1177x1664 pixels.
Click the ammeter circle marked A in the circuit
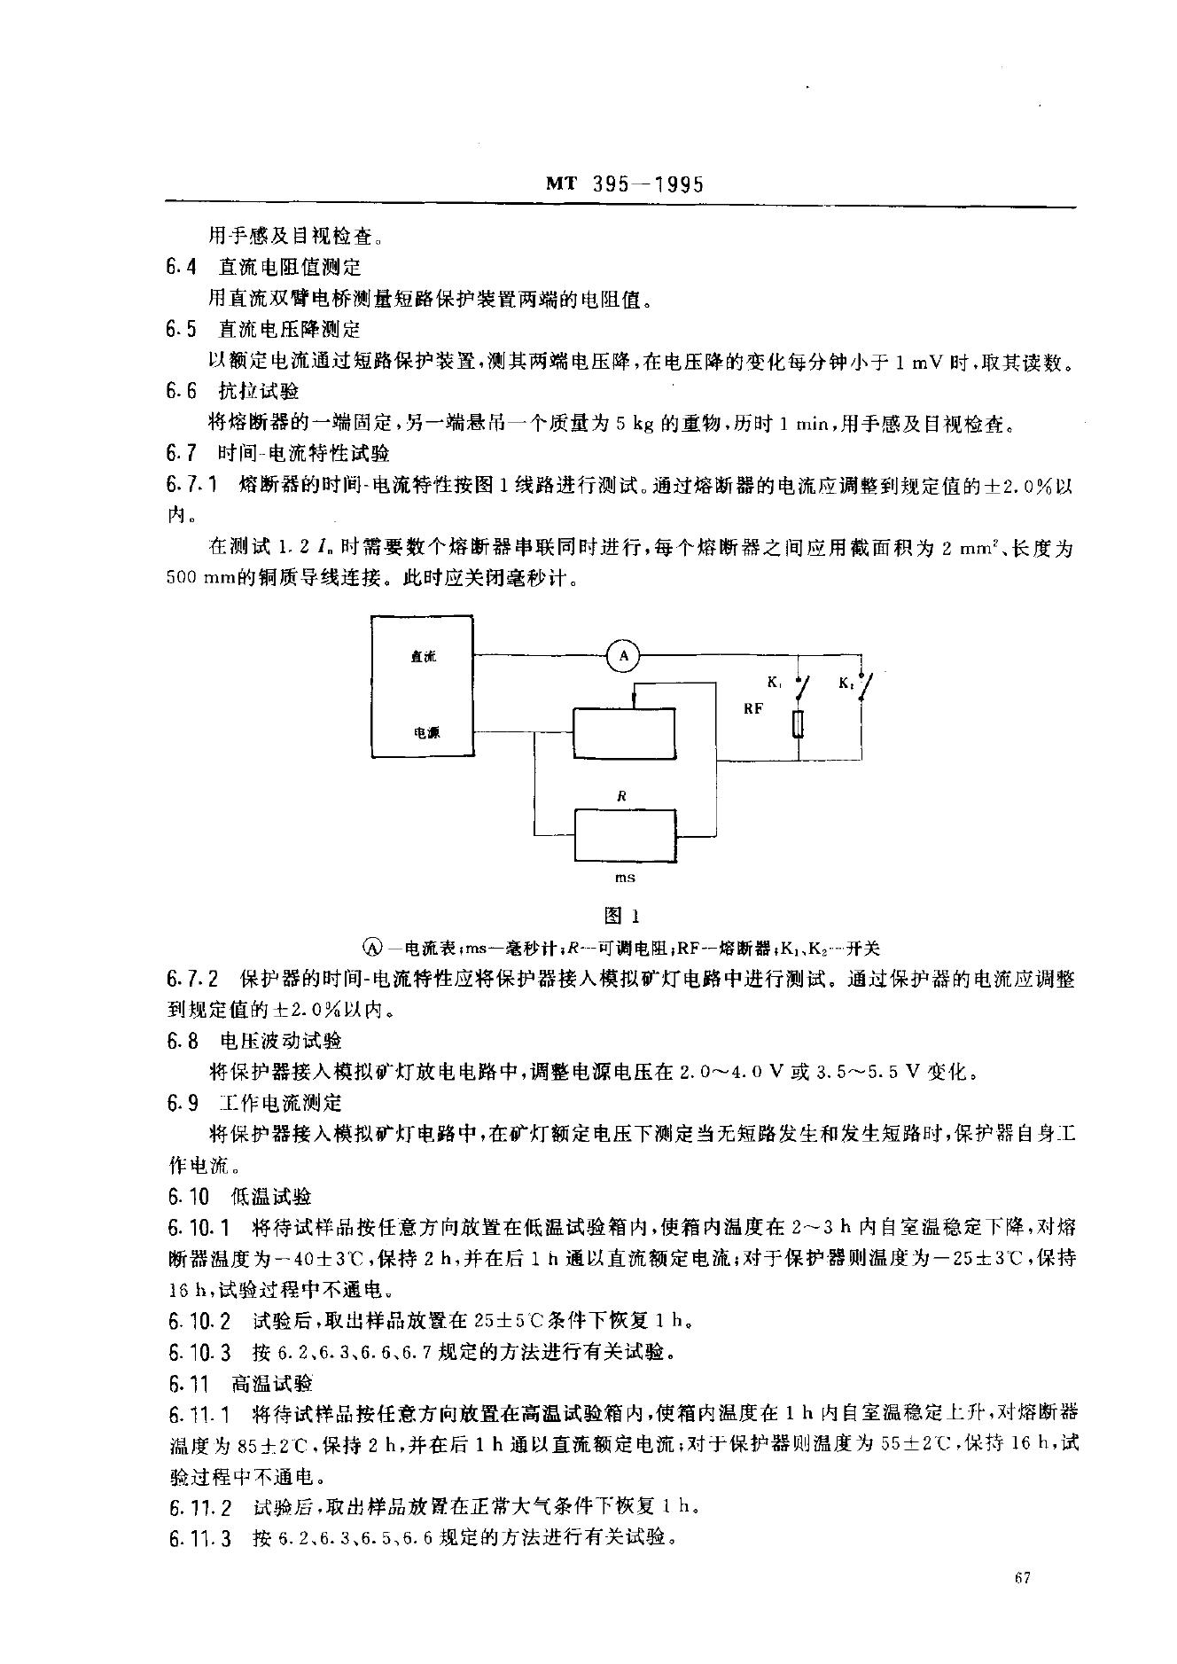click(623, 656)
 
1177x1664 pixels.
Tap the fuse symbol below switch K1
click(799, 725)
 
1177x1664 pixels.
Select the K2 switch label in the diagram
click(845, 683)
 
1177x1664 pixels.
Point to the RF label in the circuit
click(753, 709)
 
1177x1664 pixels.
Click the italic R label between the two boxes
click(622, 796)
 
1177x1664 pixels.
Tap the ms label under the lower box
click(626, 877)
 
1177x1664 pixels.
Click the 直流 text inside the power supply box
click(423, 657)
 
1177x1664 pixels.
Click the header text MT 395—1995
click(624, 184)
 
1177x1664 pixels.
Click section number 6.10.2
click(200, 1321)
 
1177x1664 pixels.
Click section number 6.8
click(180, 1040)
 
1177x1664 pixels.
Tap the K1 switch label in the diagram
click(774, 683)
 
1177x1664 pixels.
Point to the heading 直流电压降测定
click(289, 329)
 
